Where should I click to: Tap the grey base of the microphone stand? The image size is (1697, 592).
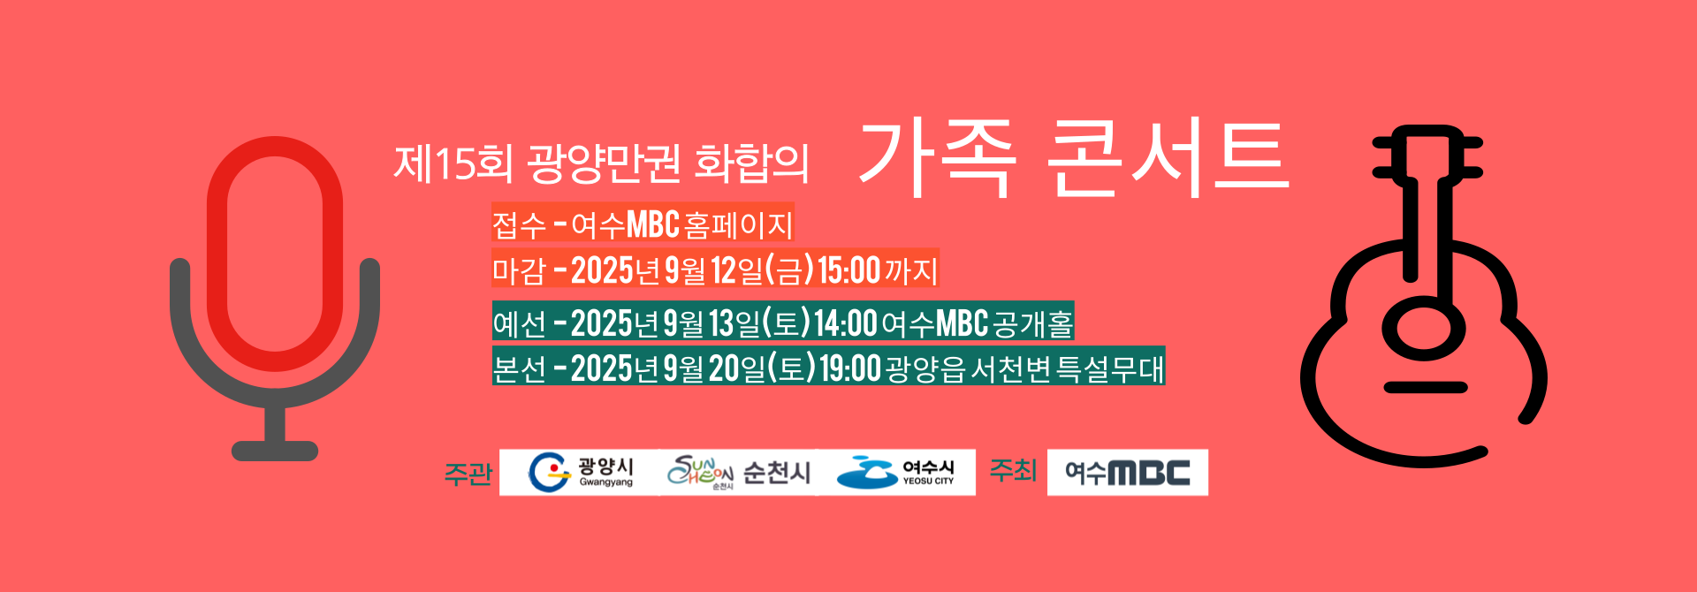[x=275, y=451]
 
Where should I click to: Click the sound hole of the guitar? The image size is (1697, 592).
[x=1423, y=328]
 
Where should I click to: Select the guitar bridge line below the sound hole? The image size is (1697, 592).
[x=1425, y=387]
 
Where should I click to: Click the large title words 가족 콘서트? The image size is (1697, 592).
[x=1073, y=159]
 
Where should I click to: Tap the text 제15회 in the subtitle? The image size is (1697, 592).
[x=453, y=163]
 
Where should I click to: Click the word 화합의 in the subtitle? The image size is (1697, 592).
[x=752, y=163]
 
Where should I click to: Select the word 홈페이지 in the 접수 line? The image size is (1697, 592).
[x=738, y=224]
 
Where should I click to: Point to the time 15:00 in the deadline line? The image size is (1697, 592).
[x=848, y=270]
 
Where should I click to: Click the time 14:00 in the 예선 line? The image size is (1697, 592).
[x=846, y=323]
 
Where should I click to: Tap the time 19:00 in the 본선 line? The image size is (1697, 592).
[x=850, y=368]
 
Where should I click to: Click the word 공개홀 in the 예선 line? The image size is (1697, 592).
[x=1033, y=323]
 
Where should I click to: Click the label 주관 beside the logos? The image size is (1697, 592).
[x=468, y=474]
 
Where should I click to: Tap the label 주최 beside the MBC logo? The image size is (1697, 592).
[x=1012, y=470]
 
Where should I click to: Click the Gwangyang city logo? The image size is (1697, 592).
[x=580, y=472]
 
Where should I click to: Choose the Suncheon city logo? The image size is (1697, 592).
[x=739, y=472]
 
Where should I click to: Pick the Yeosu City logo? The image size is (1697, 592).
[x=896, y=472]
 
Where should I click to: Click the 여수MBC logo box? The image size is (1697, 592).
[x=1128, y=472]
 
